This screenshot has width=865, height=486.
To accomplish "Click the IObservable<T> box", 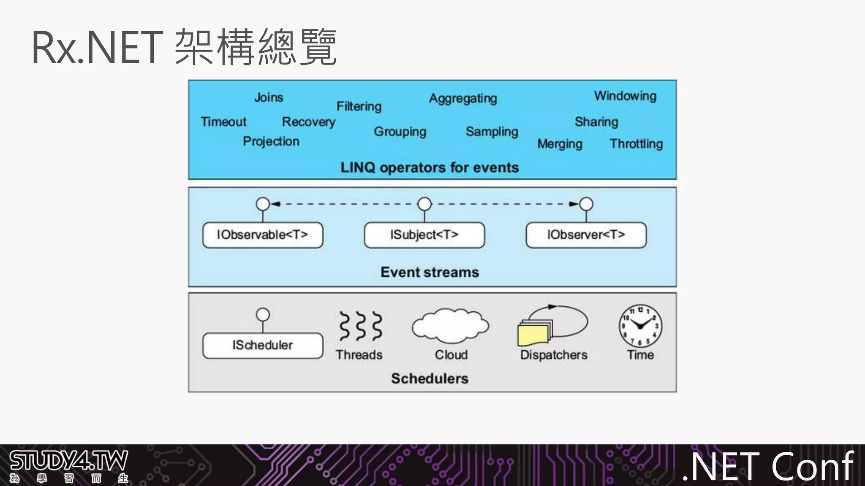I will (263, 235).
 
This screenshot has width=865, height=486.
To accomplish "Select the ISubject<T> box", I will (424, 235).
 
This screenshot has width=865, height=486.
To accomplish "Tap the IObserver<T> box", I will (586, 235).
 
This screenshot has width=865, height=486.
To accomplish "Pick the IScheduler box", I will (263, 346).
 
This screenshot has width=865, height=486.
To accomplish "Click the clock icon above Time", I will (640, 326).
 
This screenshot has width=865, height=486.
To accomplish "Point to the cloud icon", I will (450, 326).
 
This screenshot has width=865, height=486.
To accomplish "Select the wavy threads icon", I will (360, 326).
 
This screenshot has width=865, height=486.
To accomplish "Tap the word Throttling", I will (636, 144).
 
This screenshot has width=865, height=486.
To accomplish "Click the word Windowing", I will (625, 96).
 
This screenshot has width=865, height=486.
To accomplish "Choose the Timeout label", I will (223, 122).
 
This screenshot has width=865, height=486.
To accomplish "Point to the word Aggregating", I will (463, 98).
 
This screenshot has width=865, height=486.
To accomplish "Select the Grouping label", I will (400, 132).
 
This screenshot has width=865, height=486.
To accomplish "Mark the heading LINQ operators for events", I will (430, 167).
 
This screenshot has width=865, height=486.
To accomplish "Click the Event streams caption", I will (430, 272).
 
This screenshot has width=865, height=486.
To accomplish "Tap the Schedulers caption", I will (430, 378).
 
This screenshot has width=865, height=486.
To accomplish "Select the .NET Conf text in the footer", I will (768, 466).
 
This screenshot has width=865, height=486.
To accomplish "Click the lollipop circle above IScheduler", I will (263, 314).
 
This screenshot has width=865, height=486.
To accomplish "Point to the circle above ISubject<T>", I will (424, 204).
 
